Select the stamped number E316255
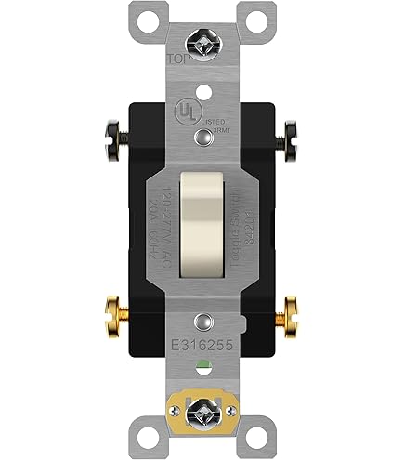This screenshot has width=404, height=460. [202, 344]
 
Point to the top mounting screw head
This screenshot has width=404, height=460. [202, 38]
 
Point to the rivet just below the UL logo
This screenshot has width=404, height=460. [202, 138]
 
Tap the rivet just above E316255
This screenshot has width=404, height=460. [202, 322]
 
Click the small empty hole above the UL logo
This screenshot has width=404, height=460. [202, 80]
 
